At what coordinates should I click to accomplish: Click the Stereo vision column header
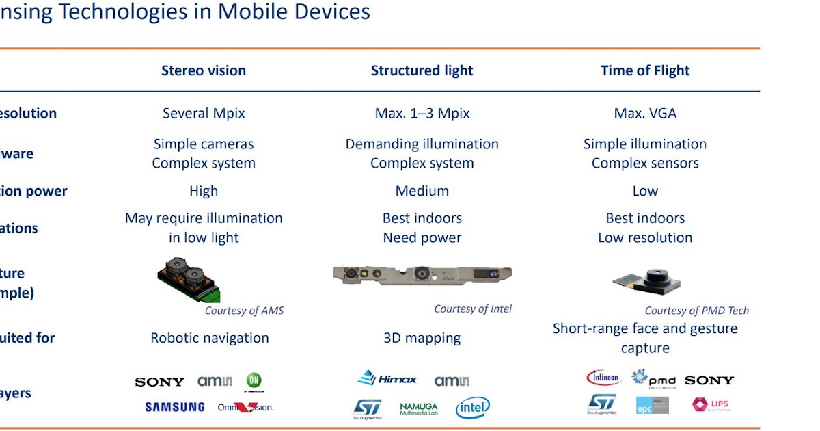(204, 70)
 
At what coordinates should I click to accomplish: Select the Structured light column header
(422, 70)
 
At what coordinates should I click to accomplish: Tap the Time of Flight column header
(645, 70)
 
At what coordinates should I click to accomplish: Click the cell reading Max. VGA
(645, 113)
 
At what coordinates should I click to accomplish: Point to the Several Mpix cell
(204, 113)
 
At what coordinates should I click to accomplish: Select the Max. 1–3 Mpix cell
(422, 113)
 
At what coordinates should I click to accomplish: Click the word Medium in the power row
(422, 191)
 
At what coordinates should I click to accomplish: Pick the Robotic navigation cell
(209, 338)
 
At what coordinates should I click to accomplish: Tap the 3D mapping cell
(422, 338)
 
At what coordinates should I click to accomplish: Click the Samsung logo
(175, 407)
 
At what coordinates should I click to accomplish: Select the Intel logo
(473, 408)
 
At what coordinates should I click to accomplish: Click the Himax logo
(387, 379)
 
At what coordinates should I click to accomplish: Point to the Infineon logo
(603, 378)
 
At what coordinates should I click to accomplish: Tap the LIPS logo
(711, 405)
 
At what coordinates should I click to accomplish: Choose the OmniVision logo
(245, 407)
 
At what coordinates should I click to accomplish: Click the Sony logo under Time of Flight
(709, 380)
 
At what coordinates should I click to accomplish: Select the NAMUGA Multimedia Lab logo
(419, 409)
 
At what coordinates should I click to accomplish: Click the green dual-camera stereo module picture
(189, 279)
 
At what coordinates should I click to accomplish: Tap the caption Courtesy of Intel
(472, 309)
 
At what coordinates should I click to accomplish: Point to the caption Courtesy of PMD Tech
(696, 311)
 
